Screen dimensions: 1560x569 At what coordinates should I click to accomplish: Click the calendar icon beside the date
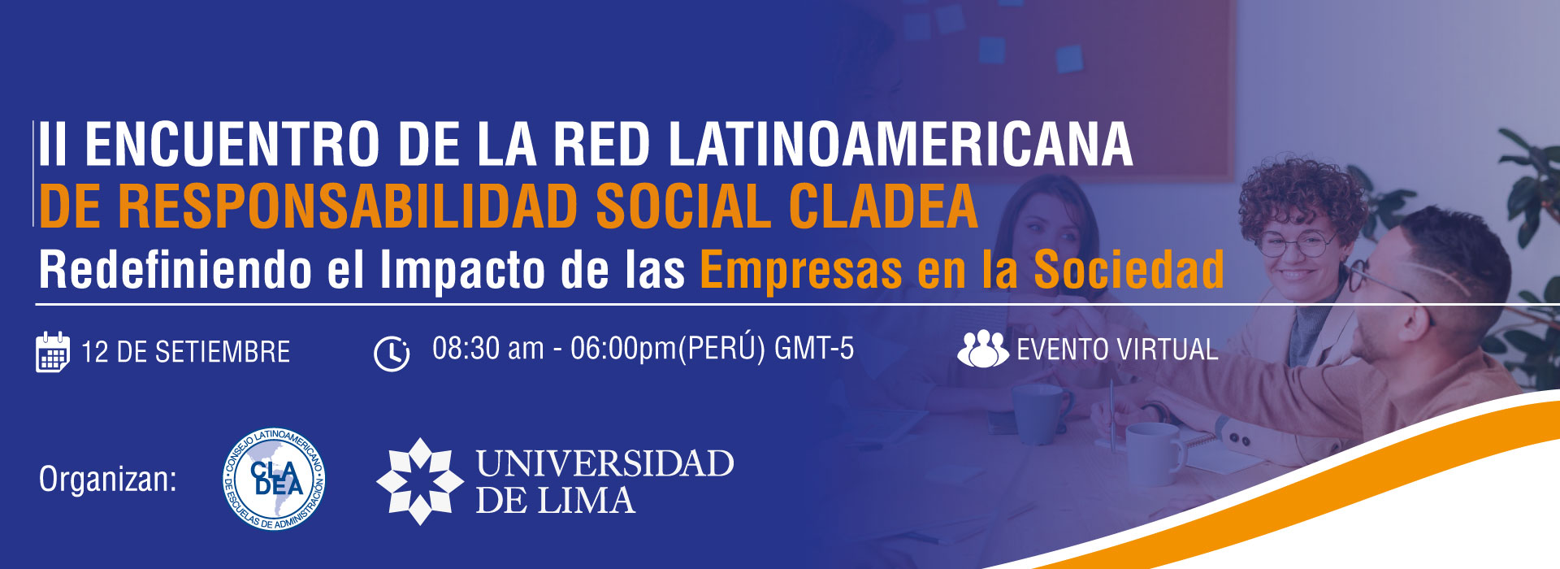click(53, 352)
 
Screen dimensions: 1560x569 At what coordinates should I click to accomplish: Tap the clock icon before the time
click(392, 353)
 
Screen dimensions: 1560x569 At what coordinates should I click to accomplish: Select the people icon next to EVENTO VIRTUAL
click(982, 350)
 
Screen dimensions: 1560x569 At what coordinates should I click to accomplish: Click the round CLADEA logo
click(275, 480)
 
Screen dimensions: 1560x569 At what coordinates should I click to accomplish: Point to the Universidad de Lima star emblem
click(419, 480)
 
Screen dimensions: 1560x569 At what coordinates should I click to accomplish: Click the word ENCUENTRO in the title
click(232, 145)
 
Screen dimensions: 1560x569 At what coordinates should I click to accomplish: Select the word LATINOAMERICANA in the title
click(900, 145)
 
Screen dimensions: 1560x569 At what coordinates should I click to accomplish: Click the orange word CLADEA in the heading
click(883, 206)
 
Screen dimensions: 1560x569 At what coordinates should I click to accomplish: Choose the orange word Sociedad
click(1129, 269)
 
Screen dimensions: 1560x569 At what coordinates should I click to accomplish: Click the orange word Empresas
click(801, 271)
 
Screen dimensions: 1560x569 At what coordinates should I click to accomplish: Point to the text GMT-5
click(814, 349)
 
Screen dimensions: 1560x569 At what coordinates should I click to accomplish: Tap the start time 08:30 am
click(487, 349)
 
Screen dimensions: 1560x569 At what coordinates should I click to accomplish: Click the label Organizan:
click(107, 480)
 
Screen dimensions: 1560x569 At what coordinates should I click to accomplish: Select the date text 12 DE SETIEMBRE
click(185, 352)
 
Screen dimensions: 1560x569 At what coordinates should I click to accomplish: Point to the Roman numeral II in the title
click(53, 145)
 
